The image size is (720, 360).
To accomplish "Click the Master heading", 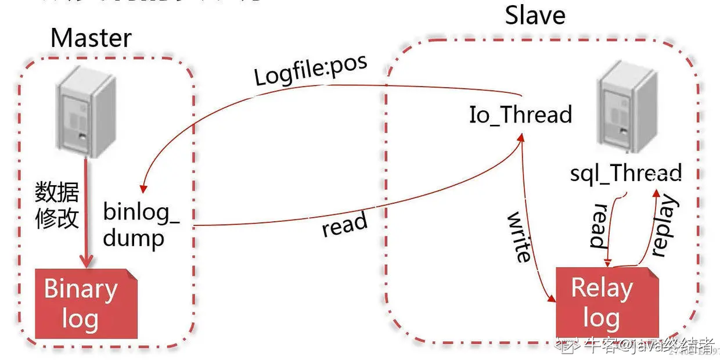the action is click(91, 38).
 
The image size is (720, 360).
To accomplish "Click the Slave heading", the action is click(535, 16).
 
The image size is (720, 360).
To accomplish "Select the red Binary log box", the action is click(86, 304).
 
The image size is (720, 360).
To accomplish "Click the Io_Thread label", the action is click(520, 114).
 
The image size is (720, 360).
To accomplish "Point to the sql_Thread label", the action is click(625, 173).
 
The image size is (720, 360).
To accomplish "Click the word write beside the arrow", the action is click(519, 236).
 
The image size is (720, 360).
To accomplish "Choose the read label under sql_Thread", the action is click(599, 226).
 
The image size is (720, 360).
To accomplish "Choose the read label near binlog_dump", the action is click(345, 224).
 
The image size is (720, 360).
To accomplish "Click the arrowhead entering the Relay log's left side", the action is click(551, 298).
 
